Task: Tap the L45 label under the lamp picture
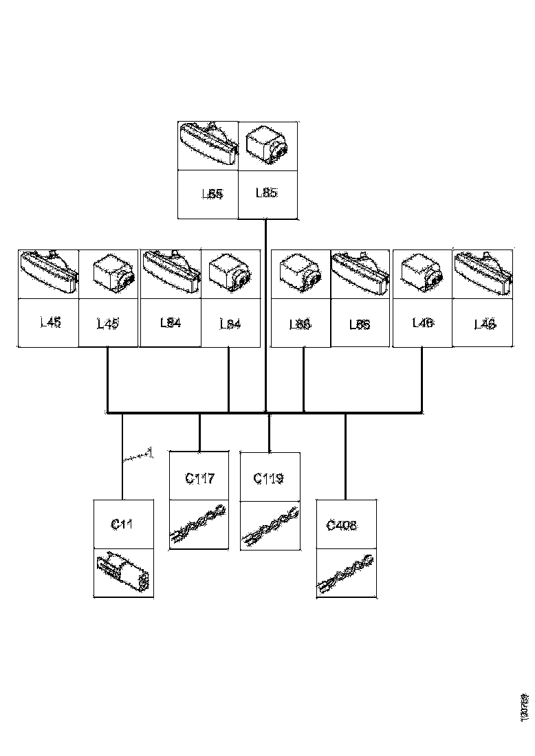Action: (x=50, y=322)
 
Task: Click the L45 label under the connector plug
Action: (x=108, y=322)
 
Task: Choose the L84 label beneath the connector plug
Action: (x=230, y=323)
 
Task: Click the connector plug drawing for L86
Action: (x=301, y=273)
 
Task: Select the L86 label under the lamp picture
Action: (x=360, y=324)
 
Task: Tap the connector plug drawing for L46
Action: (x=421, y=273)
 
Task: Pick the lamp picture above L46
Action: (x=483, y=273)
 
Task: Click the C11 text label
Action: (x=122, y=524)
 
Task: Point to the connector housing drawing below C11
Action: (x=124, y=572)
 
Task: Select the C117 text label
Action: (x=199, y=478)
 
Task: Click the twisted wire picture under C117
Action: (x=199, y=526)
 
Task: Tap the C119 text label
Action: (x=269, y=478)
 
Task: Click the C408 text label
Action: (x=342, y=526)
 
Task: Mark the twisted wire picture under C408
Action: (x=346, y=572)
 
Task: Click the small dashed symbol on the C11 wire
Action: (x=138, y=455)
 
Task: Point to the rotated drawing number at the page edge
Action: (x=525, y=707)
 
